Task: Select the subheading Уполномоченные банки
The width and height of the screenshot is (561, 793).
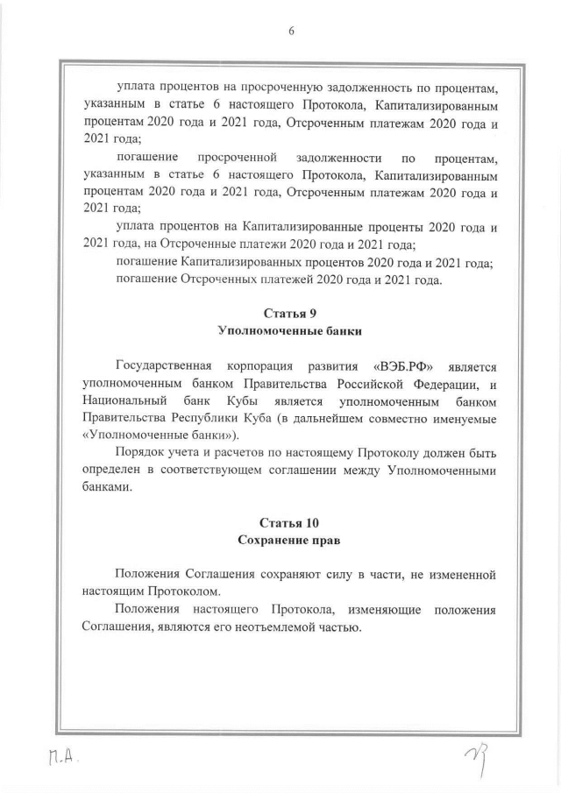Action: click(x=288, y=331)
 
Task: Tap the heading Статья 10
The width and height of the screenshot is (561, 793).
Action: click(x=288, y=524)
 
